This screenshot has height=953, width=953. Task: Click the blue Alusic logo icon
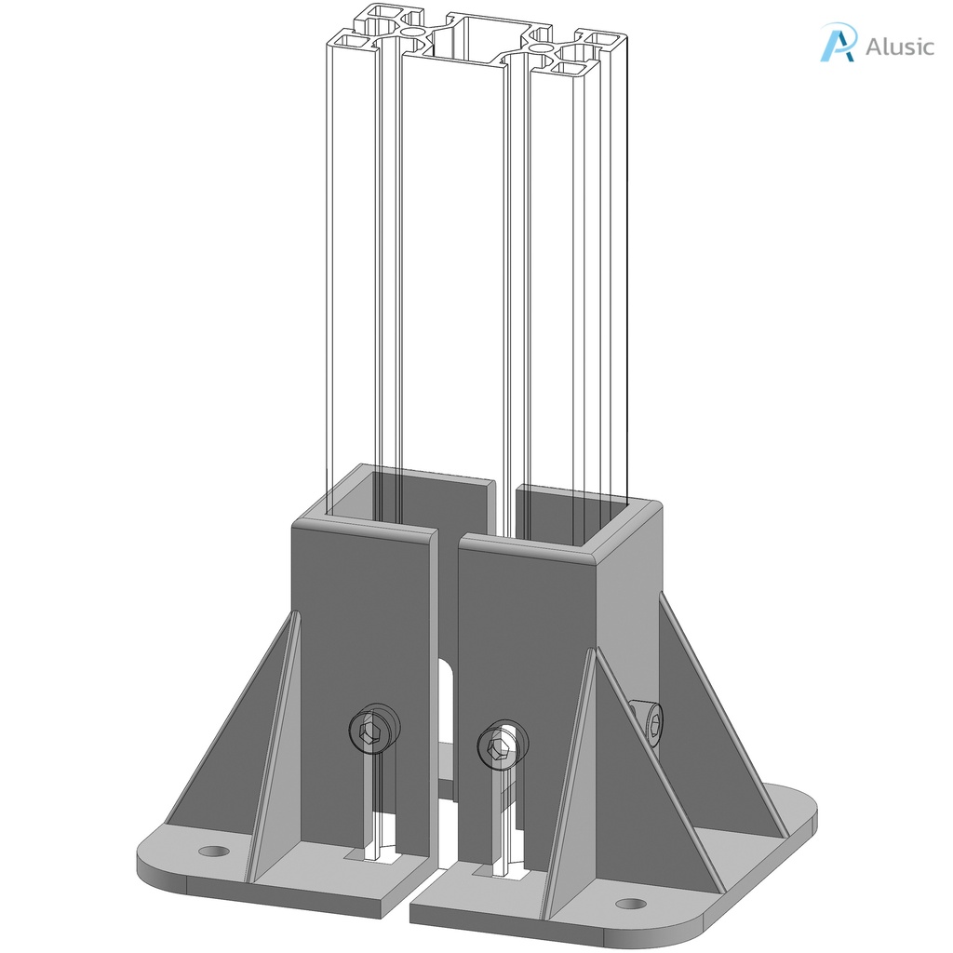[837, 44]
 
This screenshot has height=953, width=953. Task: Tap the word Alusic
[899, 46]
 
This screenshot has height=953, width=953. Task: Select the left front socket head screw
[372, 731]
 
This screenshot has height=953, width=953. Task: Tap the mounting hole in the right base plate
[630, 903]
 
